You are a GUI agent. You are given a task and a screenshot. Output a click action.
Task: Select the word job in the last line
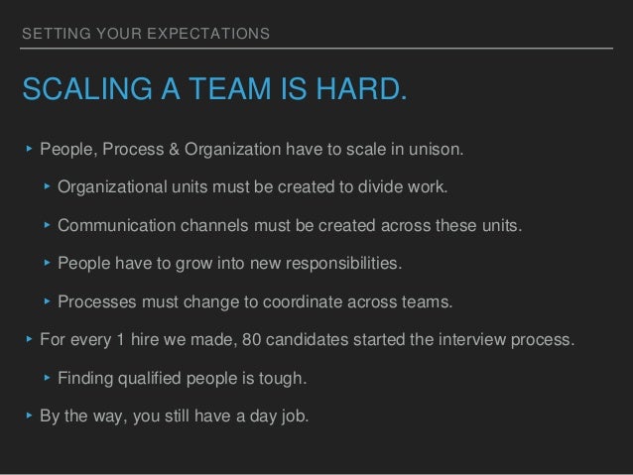click(294, 416)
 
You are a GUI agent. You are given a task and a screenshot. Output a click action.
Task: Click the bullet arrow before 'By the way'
click(28, 416)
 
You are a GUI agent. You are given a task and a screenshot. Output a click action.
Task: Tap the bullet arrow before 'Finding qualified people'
click(46, 378)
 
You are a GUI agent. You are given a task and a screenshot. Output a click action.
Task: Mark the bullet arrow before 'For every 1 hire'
click(28, 340)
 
